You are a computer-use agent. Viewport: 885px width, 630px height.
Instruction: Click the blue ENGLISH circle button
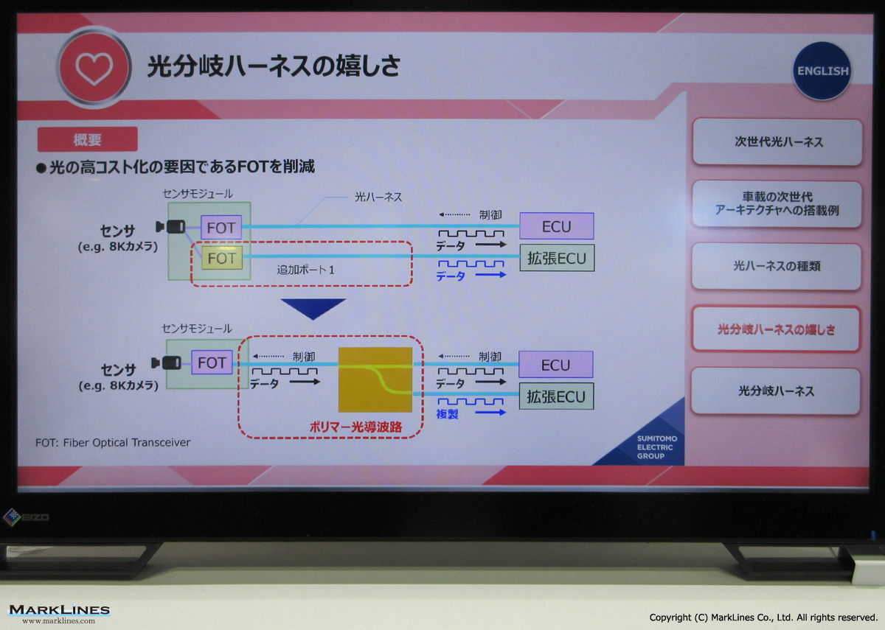822,71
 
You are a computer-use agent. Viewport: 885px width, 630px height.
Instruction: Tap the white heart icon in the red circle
94,68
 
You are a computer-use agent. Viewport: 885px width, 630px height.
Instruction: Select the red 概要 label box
87,139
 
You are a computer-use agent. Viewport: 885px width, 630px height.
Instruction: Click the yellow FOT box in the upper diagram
222,258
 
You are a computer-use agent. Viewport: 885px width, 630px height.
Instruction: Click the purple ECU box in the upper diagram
556,226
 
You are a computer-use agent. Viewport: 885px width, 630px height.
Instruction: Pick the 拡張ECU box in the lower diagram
556,396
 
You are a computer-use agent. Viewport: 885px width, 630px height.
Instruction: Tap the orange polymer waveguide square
375,379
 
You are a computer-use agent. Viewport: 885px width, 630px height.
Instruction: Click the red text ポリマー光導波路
355,427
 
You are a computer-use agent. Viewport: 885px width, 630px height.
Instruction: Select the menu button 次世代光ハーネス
777,141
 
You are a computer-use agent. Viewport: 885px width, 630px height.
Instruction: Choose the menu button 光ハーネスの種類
777,266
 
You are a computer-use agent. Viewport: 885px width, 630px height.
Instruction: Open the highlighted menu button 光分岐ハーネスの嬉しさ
776,329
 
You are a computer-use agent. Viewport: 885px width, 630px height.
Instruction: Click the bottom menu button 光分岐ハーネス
776,391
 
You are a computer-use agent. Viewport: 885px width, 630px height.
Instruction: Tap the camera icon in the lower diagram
167,363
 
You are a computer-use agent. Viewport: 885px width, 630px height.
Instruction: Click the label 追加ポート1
305,270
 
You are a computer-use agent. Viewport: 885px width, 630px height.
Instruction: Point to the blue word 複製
447,413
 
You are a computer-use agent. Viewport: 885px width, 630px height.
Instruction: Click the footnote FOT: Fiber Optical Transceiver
113,443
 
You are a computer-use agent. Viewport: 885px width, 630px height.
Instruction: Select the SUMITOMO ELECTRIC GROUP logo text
656,447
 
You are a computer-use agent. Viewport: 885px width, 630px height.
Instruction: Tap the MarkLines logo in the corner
59,613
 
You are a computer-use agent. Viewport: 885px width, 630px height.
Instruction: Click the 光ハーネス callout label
378,197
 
